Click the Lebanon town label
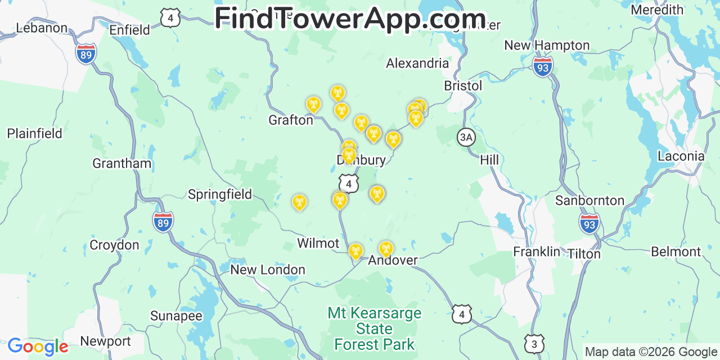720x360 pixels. (x=42, y=28)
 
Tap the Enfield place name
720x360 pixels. (x=129, y=30)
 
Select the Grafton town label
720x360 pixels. (x=290, y=120)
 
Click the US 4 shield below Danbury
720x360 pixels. (x=349, y=183)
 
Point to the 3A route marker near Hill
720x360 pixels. (x=466, y=137)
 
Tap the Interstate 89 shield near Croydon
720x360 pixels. (x=163, y=222)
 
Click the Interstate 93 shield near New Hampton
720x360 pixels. (x=542, y=67)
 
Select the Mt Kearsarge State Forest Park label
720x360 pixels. (x=374, y=328)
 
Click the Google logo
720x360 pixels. (x=37, y=346)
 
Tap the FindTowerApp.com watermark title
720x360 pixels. (x=350, y=18)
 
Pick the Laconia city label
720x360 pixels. (x=681, y=156)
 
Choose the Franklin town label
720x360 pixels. (x=536, y=251)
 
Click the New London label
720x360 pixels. (x=268, y=270)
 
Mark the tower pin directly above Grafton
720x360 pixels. (x=313, y=104)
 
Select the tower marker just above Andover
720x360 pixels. (x=385, y=248)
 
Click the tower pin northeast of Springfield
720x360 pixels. (x=299, y=202)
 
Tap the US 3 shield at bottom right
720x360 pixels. (x=534, y=343)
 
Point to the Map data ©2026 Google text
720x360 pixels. (x=650, y=352)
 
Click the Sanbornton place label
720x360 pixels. (x=589, y=200)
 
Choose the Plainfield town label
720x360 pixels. (x=34, y=133)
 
